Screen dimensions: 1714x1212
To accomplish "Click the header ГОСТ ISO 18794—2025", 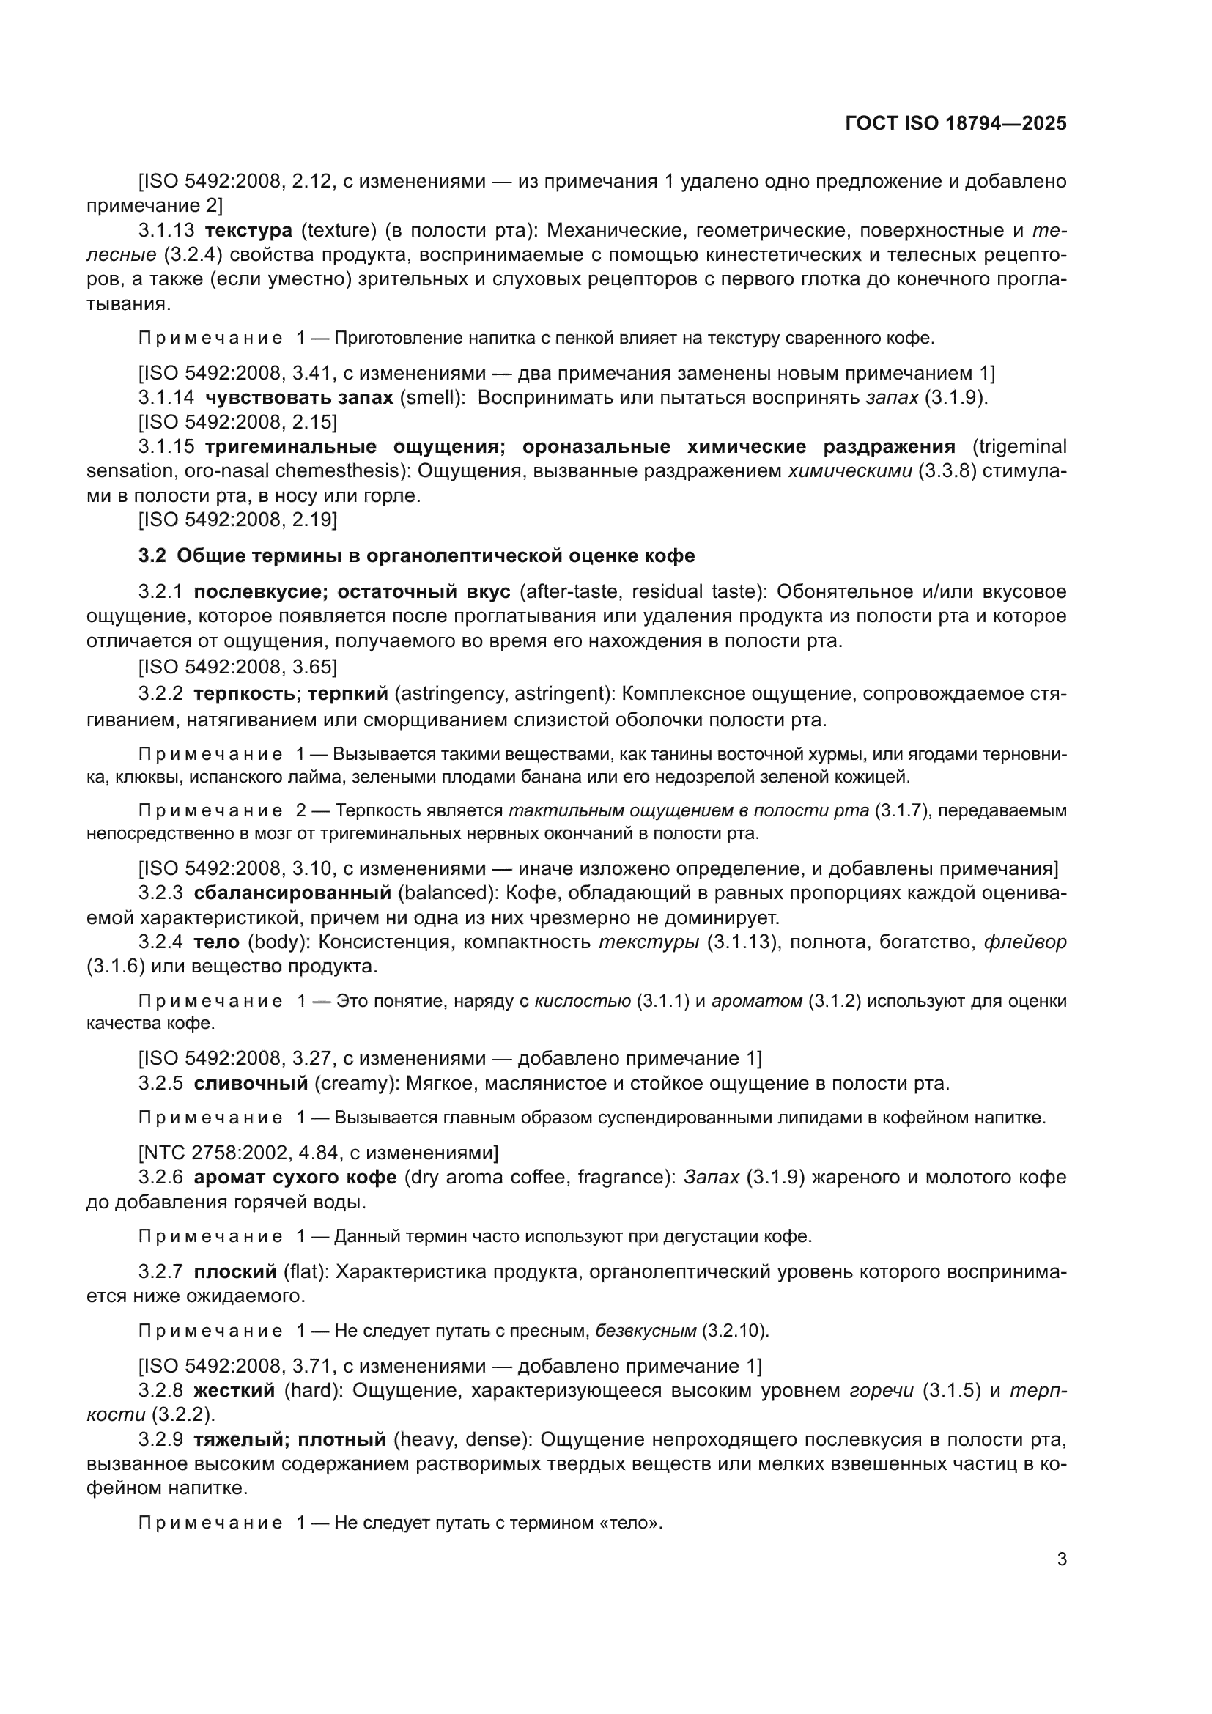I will pyautogui.click(x=956, y=123).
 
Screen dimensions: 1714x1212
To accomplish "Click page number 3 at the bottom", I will pyautogui.click(x=1061, y=1559).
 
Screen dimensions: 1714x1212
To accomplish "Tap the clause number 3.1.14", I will pyautogui.click(x=166, y=397).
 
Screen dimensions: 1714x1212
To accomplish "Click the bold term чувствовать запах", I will pyautogui.click(x=299, y=397).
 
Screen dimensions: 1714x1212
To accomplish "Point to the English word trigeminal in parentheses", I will pyautogui.click(x=1019, y=446).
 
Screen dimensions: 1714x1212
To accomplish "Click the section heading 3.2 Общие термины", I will pyautogui.click(x=416, y=555).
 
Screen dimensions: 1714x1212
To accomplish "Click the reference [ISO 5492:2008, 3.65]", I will pyautogui.click(x=237, y=665).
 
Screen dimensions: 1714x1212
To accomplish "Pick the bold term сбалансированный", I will pyautogui.click(x=292, y=893).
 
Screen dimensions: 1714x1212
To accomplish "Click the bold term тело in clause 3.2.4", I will pyautogui.click(x=216, y=942).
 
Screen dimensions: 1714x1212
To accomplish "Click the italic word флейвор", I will pyautogui.click(x=1025, y=942).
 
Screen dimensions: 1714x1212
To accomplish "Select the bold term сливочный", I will pyautogui.click(x=251, y=1083).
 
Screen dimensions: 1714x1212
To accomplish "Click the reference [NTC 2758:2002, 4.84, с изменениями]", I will pyautogui.click(x=318, y=1153).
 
